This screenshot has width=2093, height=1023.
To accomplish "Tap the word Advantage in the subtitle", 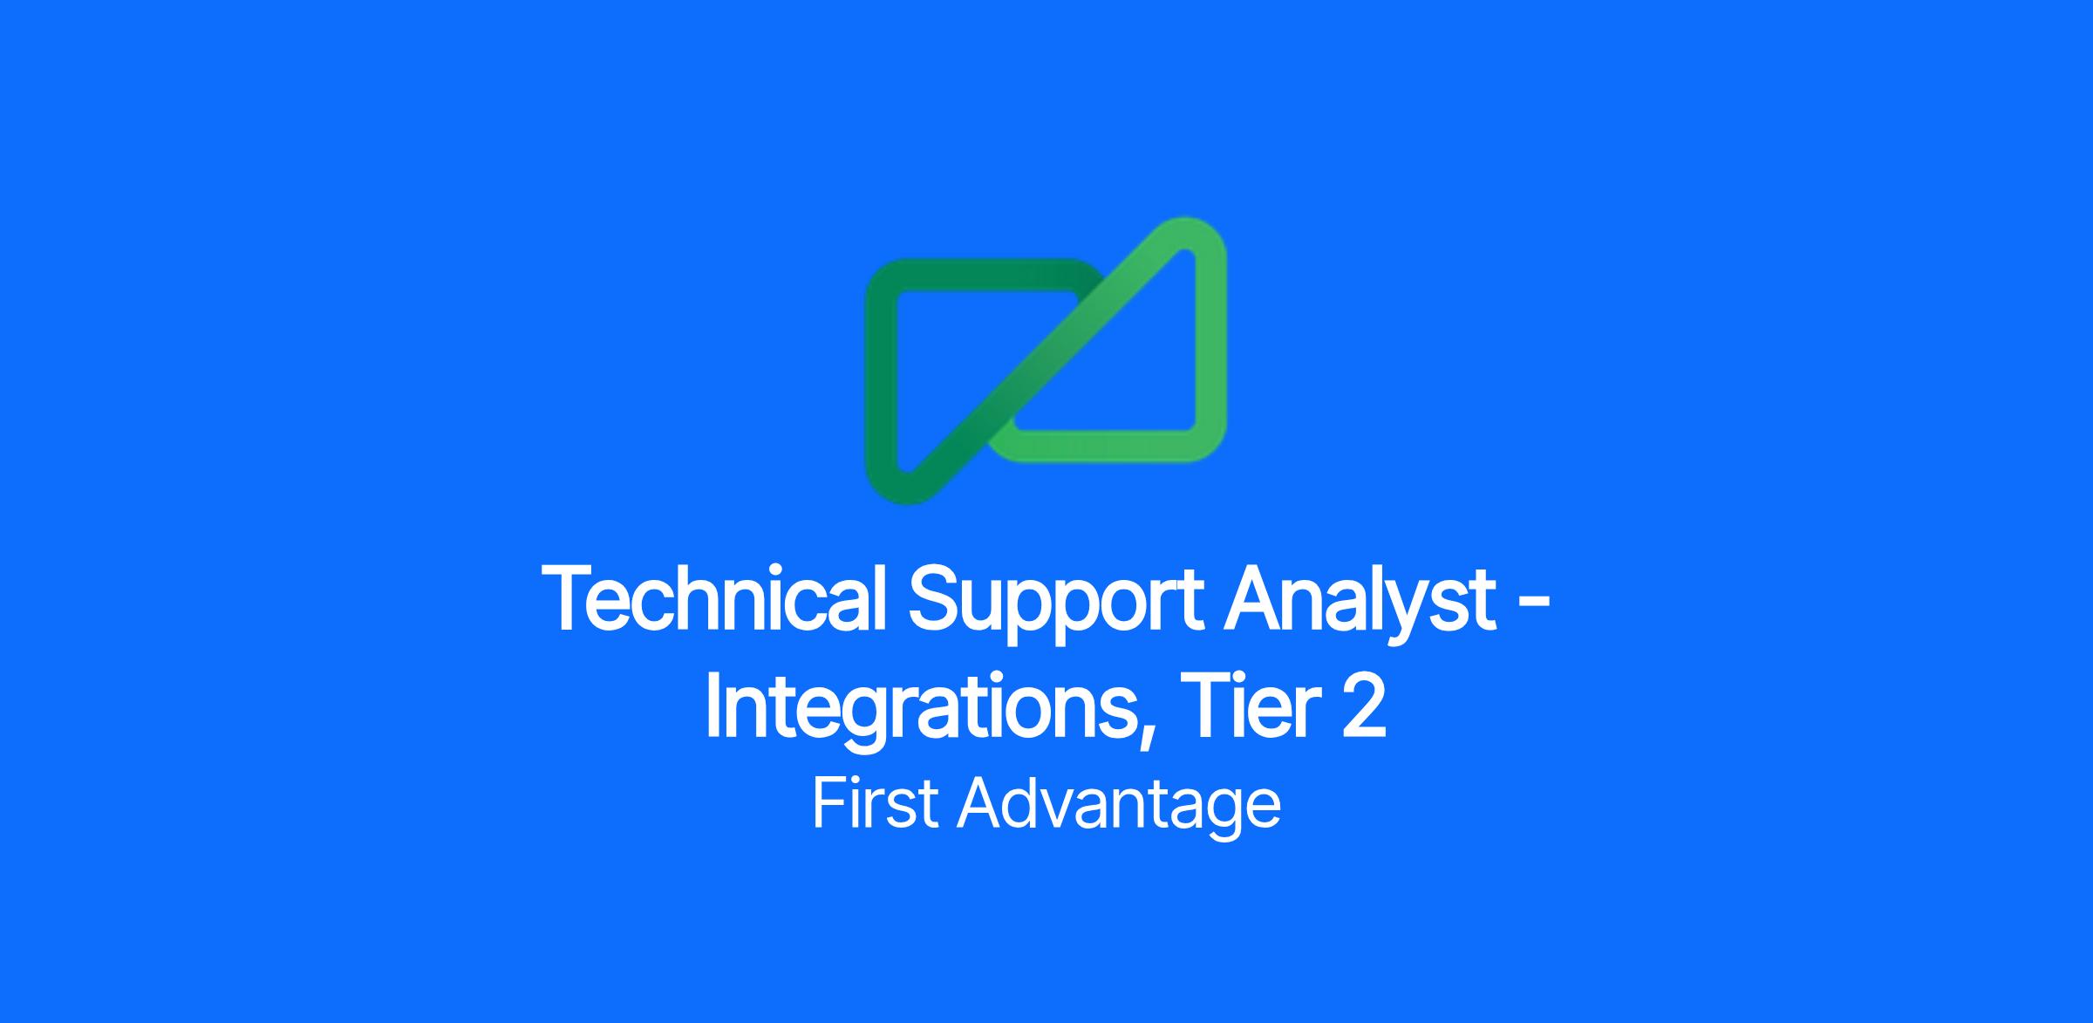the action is (1119, 808).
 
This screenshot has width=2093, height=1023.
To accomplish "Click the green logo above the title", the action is (1046, 360).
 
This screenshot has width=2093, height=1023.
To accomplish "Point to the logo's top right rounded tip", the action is (1196, 234).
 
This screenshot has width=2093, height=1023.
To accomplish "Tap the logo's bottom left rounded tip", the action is (898, 488).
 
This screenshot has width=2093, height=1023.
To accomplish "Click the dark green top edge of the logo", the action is (981, 276).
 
